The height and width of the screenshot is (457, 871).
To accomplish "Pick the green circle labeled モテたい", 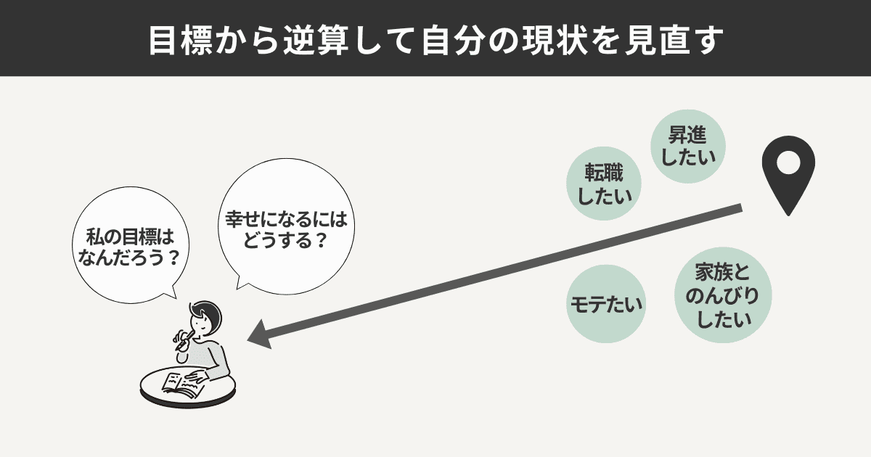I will point(605,304).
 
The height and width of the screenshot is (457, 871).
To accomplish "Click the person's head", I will point(206,319).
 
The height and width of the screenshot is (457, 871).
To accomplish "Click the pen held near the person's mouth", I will point(184,336).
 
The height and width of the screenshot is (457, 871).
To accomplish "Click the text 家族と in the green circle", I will point(721,272).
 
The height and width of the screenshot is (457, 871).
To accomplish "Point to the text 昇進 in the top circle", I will point(688,135).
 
